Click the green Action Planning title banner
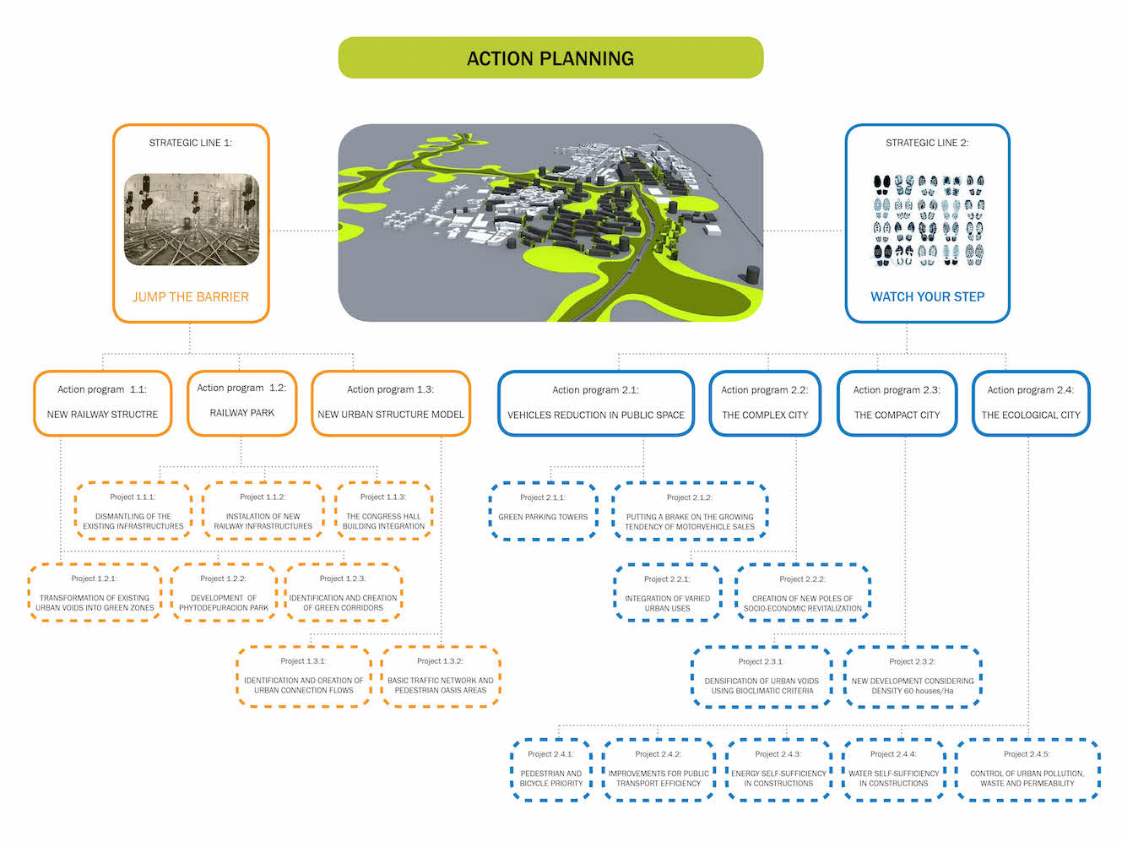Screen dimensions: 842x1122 [x=550, y=58]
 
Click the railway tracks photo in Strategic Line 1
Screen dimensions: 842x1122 [x=192, y=220]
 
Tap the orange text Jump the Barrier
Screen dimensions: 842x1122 [x=191, y=296]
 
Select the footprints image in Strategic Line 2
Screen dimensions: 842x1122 [x=928, y=220]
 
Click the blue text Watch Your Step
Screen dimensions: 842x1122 [x=927, y=296]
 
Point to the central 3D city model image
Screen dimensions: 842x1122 [x=550, y=223]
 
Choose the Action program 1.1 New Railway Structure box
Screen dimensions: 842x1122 [x=102, y=403]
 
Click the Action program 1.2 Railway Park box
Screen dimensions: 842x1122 [x=241, y=402]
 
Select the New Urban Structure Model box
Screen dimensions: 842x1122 [x=391, y=403]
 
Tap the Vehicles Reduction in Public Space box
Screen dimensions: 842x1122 [x=595, y=403]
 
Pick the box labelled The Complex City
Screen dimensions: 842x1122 [x=765, y=403]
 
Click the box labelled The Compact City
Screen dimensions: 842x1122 [x=897, y=403]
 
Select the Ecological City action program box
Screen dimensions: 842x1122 [x=1031, y=403]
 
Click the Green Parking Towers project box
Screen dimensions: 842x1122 [x=543, y=510]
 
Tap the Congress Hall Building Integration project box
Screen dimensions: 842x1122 [x=384, y=512]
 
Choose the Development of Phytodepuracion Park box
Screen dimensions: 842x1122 [x=224, y=593]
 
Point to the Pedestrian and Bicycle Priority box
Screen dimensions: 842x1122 [x=551, y=769]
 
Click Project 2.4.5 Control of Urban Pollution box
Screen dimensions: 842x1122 [x=1027, y=769]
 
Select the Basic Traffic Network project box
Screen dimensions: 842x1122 [x=441, y=676]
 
